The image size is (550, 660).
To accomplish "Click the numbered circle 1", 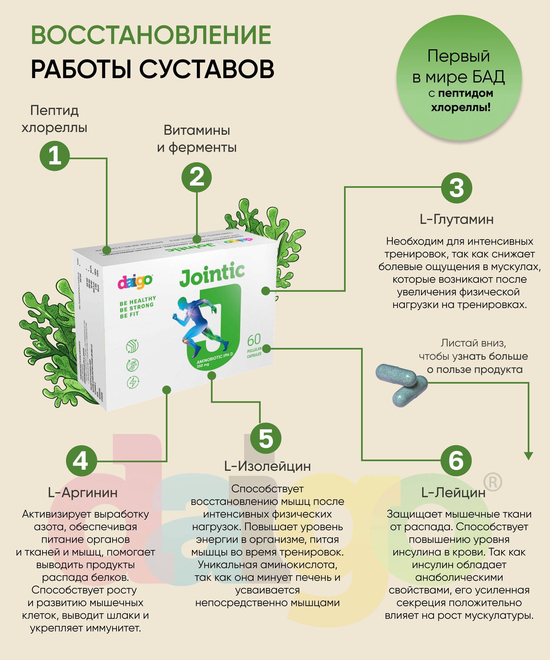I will [x=55, y=156].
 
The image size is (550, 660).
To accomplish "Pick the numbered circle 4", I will [x=81, y=461].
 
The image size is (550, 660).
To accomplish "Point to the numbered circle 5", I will [x=266, y=438].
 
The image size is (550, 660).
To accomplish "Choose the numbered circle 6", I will [x=456, y=461].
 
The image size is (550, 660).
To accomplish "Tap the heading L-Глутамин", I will [x=456, y=219].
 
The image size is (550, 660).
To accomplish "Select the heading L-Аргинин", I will [x=83, y=493].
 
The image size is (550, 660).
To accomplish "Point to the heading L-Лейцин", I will [x=453, y=493].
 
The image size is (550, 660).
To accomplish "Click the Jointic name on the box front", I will [x=212, y=274].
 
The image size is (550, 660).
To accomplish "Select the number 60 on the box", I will [x=254, y=340].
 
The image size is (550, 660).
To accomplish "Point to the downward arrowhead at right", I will [x=529, y=455].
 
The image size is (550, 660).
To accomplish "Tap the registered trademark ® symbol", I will [x=492, y=482].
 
